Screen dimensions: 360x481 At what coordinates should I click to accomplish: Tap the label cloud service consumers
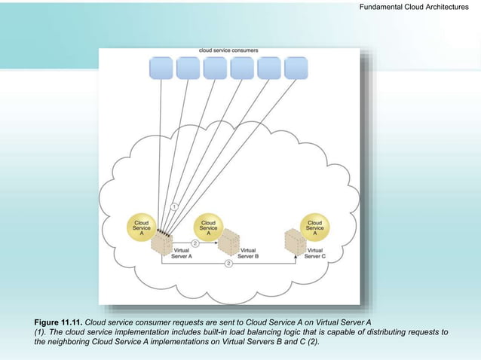(228, 50)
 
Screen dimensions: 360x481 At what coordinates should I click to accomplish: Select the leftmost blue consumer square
(161, 68)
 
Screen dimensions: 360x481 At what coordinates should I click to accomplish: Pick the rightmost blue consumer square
(296, 68)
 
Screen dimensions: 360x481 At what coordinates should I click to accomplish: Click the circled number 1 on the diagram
(173, 206)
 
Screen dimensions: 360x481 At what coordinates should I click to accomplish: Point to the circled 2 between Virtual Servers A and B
(195, 243)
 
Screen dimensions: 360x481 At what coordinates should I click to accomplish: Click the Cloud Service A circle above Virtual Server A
(141, 227)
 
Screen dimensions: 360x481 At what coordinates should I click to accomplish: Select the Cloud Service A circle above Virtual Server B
(208, 227)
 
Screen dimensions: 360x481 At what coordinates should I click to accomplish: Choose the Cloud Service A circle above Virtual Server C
(314, 227)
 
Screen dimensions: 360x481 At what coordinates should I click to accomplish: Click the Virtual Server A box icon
(161, 246)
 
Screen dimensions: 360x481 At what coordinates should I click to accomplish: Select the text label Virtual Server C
(315, 253)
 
